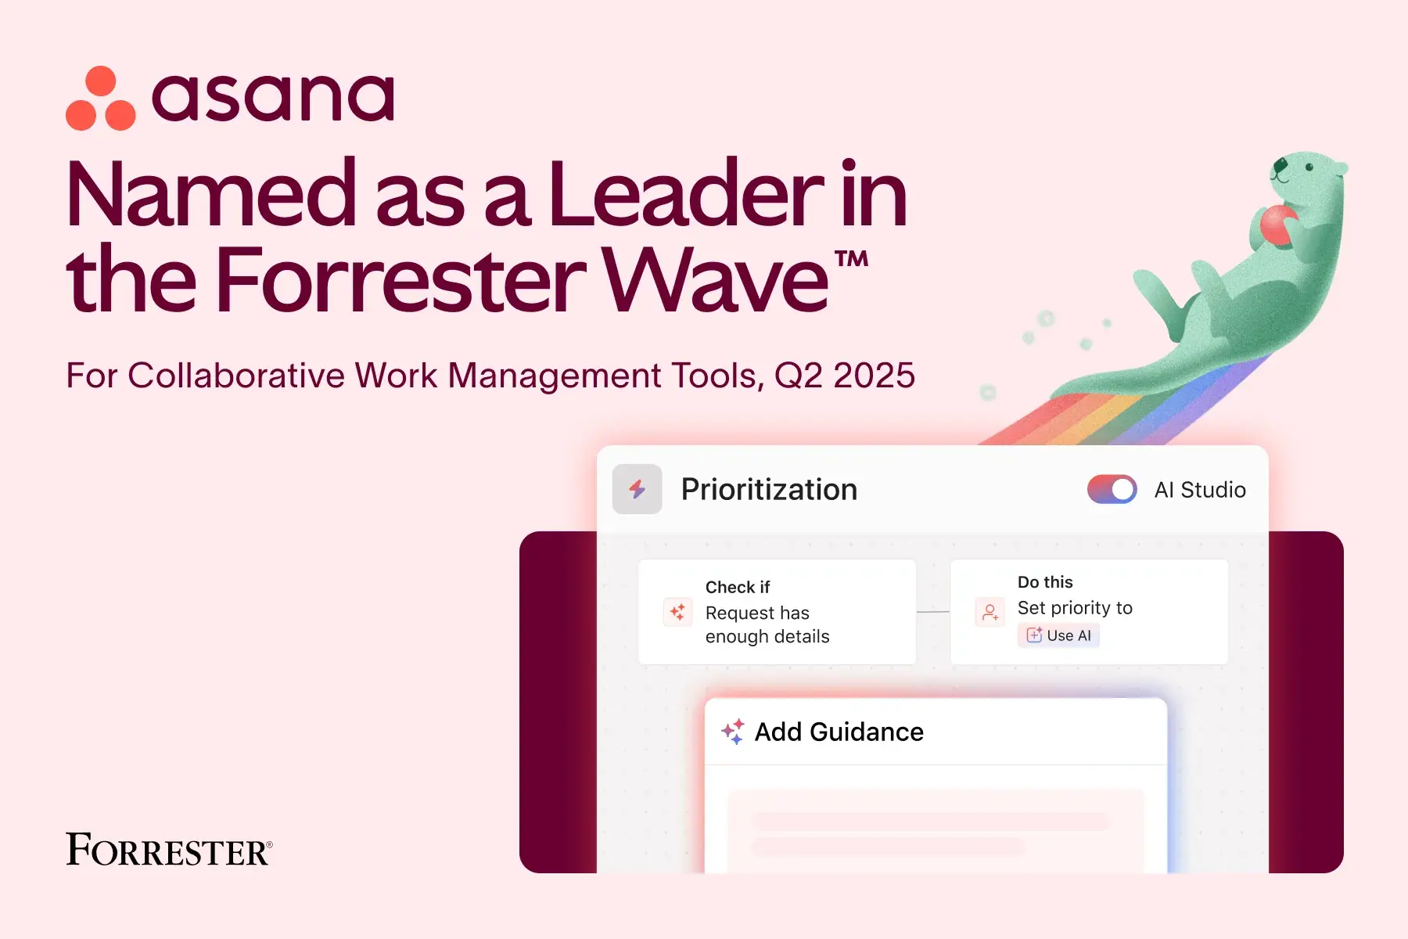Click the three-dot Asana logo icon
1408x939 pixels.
click(101, 99)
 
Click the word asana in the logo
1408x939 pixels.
click(273, 98)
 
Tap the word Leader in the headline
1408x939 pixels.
click(686, 193)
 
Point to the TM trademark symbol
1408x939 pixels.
click(851, 259)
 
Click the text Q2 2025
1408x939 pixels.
click(845, 376)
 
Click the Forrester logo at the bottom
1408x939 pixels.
click(169, 850)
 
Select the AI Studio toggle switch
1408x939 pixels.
click(1112, 490)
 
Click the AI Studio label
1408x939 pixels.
click(1200, 490)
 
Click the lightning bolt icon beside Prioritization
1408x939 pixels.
click(638, 489)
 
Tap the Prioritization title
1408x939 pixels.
click(769, 490)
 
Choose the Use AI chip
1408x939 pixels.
click(1058, 635)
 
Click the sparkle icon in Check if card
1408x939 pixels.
click(677, 611)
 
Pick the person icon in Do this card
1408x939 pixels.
click(990, 612)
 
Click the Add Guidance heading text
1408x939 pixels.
click(839, 732)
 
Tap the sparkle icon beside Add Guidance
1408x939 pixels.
click(733, 732)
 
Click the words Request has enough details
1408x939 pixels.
click(767, 624)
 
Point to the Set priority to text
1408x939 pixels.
click(1075, 608)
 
